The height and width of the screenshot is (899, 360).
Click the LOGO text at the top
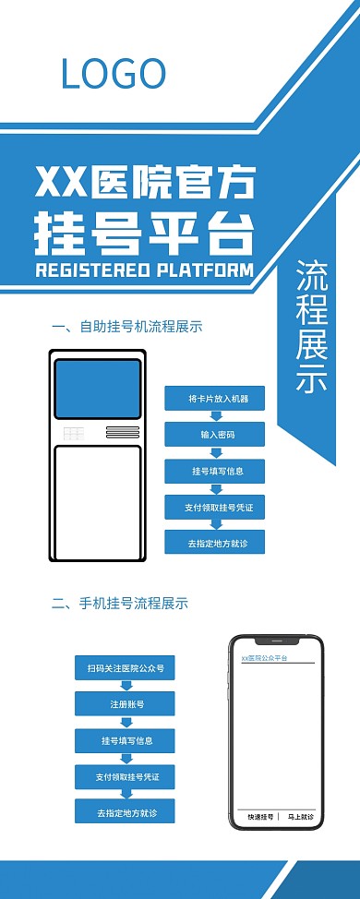point(113,73)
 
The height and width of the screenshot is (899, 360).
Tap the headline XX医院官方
point(144,184)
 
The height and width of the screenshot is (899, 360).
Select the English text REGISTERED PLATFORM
point(143,270)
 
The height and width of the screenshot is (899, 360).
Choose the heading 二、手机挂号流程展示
point(120,604)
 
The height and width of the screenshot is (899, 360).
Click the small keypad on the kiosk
point(74,433)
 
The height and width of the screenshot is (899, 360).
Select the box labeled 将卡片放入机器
point(214,399)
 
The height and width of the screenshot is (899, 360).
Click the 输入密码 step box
point(214,435)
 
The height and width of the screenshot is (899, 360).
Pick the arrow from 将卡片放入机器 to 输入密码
point(215,416)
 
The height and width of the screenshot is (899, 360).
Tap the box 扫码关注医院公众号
point(125,667)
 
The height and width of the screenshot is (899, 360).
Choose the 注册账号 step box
point(125,704)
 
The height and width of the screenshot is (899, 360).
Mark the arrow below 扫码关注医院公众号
point(124,686)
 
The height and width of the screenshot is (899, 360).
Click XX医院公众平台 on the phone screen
point(264,658)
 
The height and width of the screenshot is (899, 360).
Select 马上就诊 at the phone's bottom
point(299,817)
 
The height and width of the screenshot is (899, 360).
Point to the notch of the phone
point(277,640)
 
